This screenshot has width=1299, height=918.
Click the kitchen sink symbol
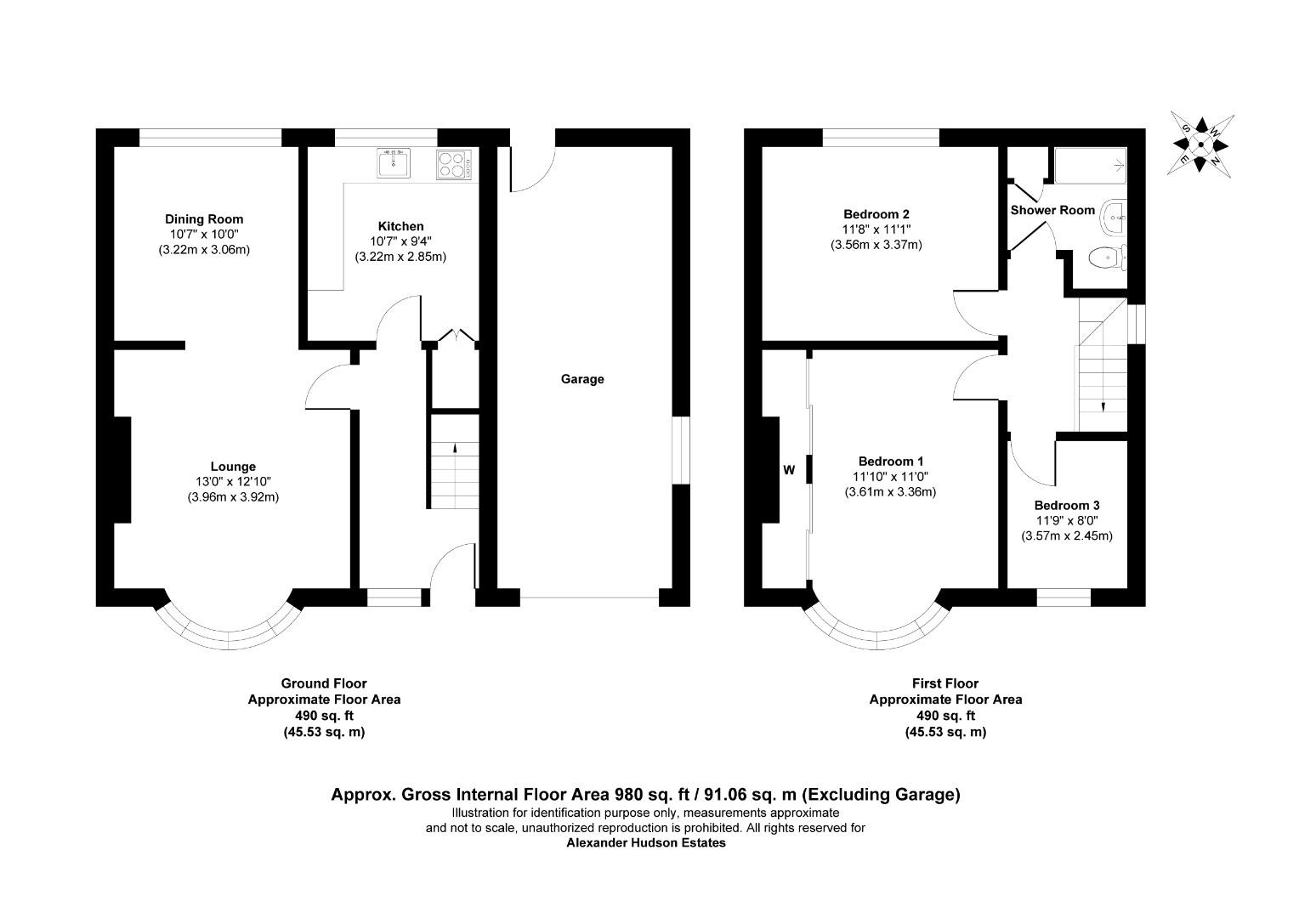(394, 162)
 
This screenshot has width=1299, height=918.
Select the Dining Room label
(204, 219)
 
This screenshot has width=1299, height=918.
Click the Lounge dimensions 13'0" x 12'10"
(233, 482)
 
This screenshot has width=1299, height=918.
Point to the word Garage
(582, 379)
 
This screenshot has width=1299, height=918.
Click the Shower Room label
(1052, 210)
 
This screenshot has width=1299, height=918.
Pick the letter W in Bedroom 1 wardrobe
(789, 469)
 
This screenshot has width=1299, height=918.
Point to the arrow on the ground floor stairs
(453, 448)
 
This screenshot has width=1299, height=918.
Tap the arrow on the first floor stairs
(1103, 406)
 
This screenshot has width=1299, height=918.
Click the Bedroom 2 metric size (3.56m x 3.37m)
(876, 245)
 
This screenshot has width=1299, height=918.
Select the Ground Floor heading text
(324, 683)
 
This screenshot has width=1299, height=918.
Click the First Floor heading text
(945, 683)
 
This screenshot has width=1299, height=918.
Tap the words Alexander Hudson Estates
(646, 843)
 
